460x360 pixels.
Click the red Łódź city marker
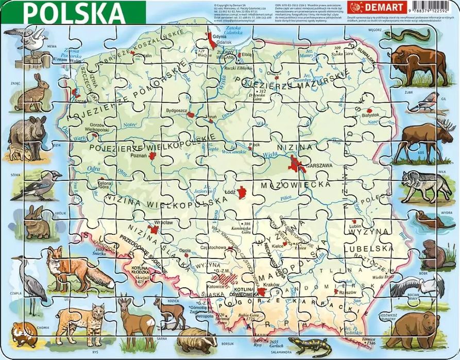point(242,193)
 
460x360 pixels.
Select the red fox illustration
point(77,267)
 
